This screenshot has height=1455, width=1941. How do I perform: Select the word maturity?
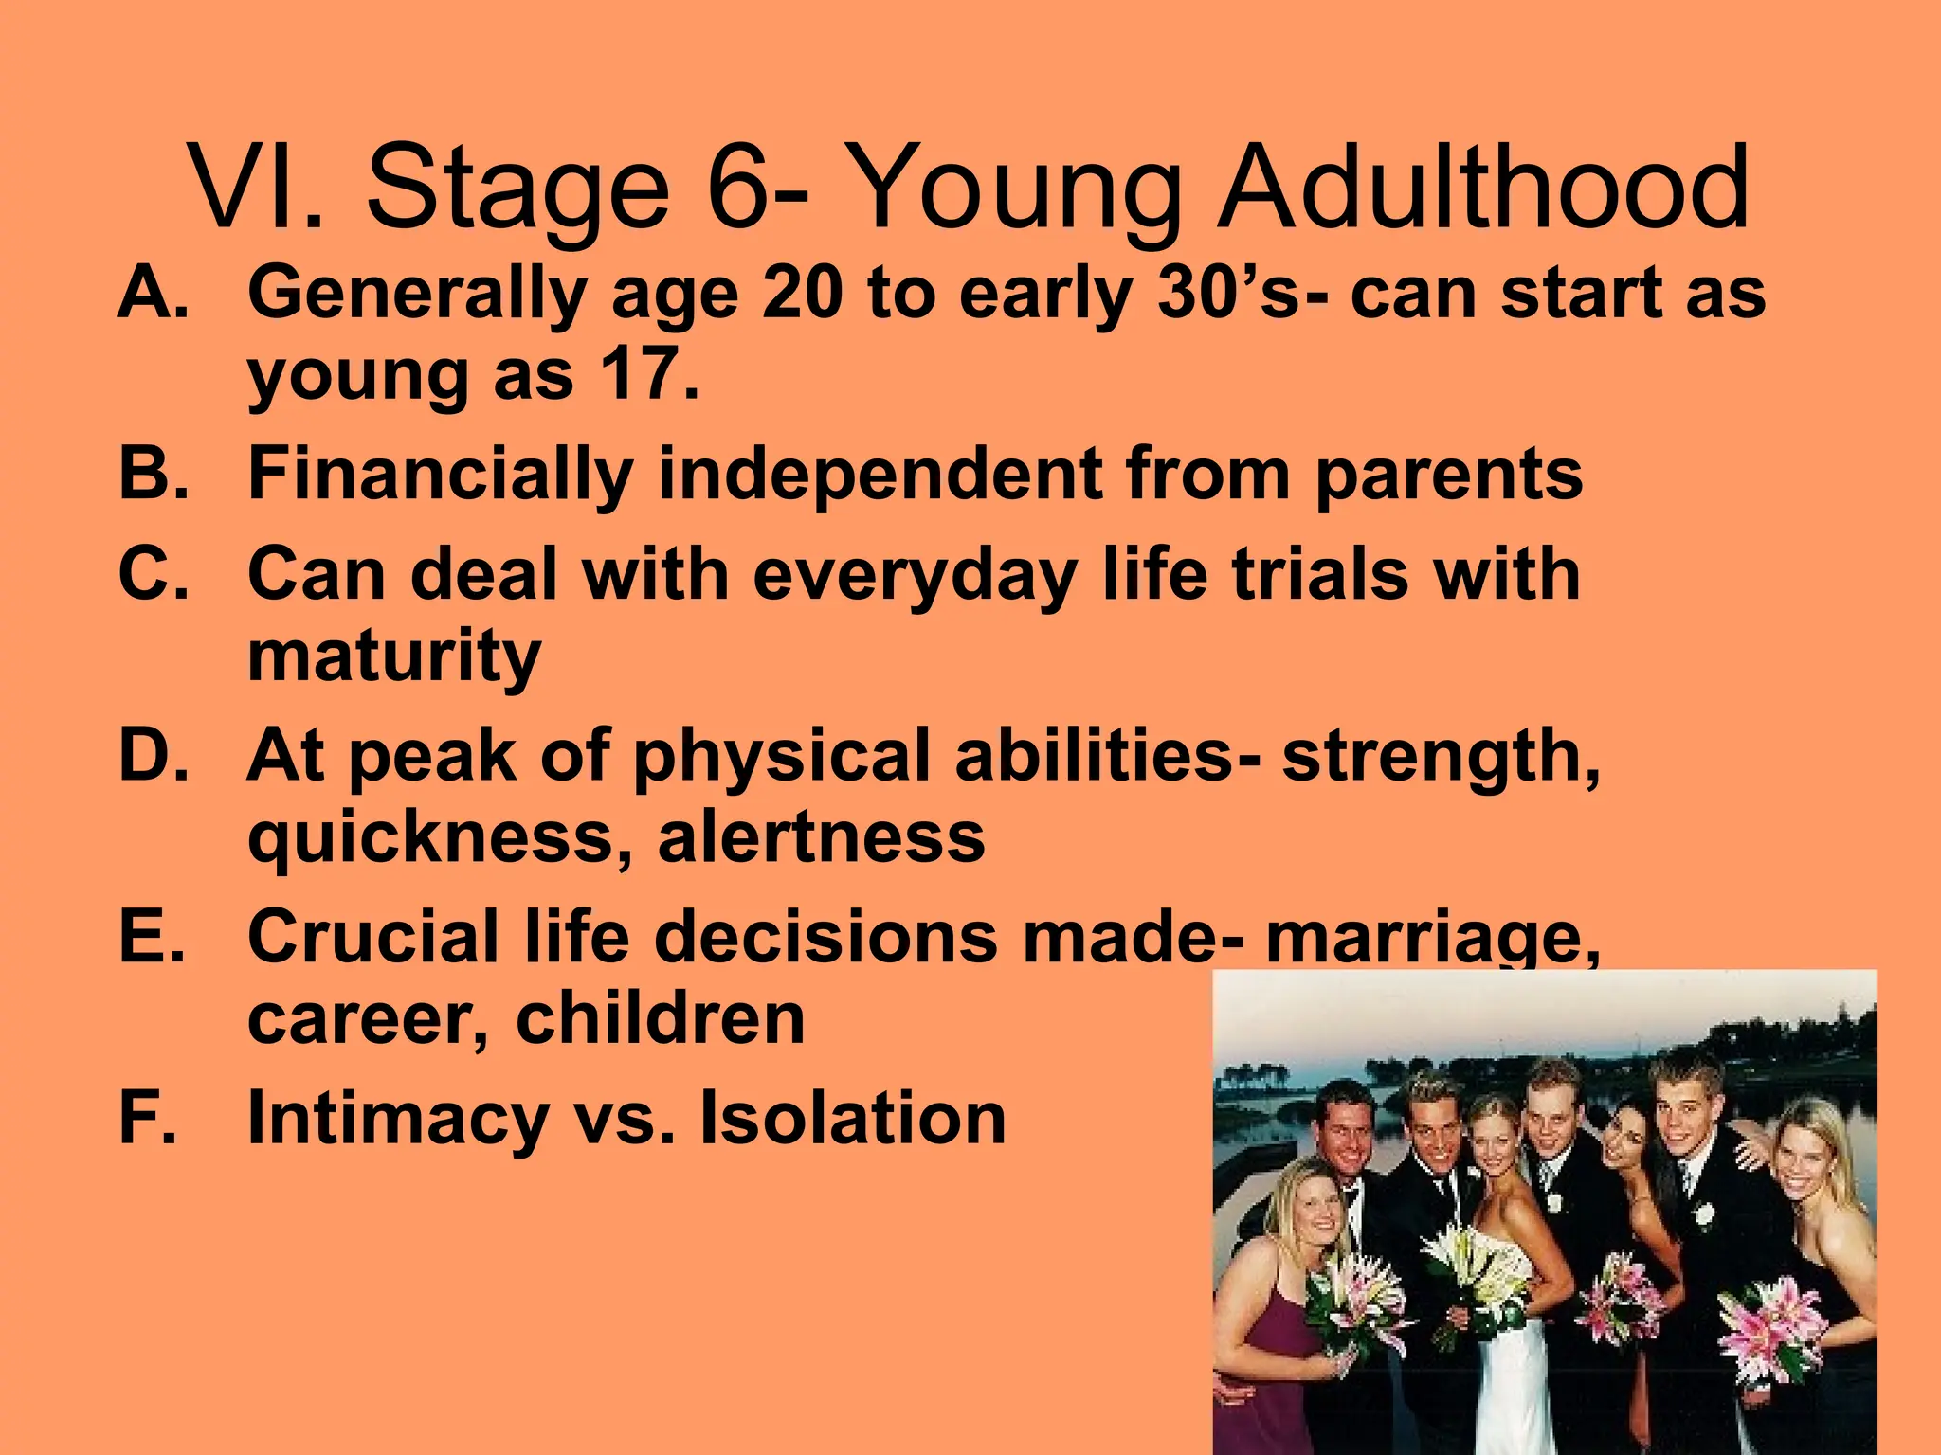394,657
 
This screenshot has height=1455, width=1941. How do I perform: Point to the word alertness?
821,837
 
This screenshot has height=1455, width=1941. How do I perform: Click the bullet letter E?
150,936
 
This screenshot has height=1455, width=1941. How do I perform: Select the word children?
660,1018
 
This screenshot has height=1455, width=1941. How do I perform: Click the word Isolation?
852,1118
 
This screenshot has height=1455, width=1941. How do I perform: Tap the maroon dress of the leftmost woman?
1270,1364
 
